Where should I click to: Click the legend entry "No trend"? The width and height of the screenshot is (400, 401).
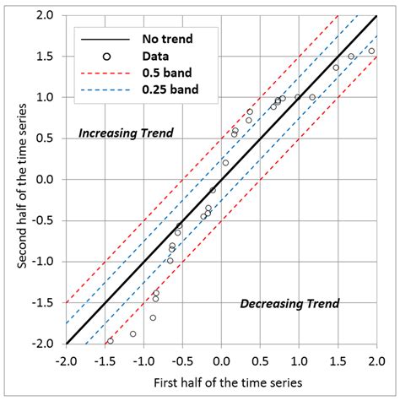pyautogui.click(x=168, y=38)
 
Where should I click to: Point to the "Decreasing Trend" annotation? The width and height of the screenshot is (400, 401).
pyautogui.click(x=289, y=304)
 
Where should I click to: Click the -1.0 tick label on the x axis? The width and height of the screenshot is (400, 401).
pyautogui.click(x=143, y=359)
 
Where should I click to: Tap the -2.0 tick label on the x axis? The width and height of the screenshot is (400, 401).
pyautogui.click(x=66, y=359)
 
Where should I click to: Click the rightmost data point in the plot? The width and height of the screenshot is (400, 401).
pyautogui.click(x=370, y=51)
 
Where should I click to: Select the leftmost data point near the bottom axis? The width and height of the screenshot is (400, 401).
pyautogui.click(x=110, y=340)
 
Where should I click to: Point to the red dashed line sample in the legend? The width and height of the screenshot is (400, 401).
pyautogui.click(x=107, y=73)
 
